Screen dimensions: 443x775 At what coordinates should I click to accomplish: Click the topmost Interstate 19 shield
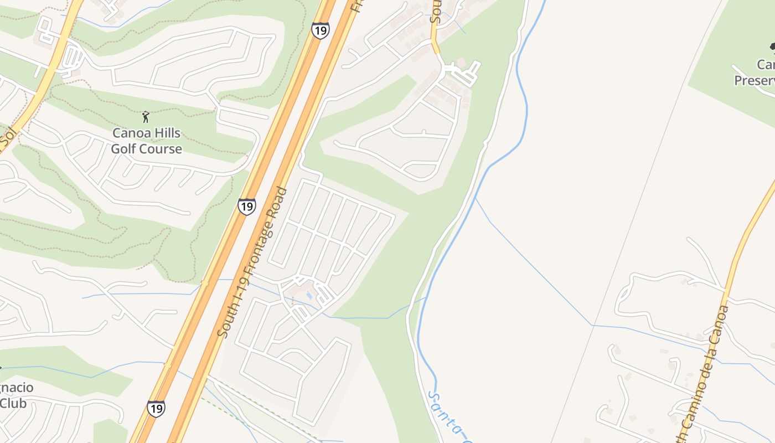click(320, 30)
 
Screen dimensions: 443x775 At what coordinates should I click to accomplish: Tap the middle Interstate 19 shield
click(247, 206)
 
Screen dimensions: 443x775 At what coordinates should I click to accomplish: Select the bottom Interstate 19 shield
click(156, 409)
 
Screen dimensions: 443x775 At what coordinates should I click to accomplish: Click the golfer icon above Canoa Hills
click(146, 117)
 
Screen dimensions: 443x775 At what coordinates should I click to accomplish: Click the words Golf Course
click(146, 149)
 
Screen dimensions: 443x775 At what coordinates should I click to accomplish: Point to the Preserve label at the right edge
click(754, 81)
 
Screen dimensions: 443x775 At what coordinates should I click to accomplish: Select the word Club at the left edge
click(13, 403)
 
